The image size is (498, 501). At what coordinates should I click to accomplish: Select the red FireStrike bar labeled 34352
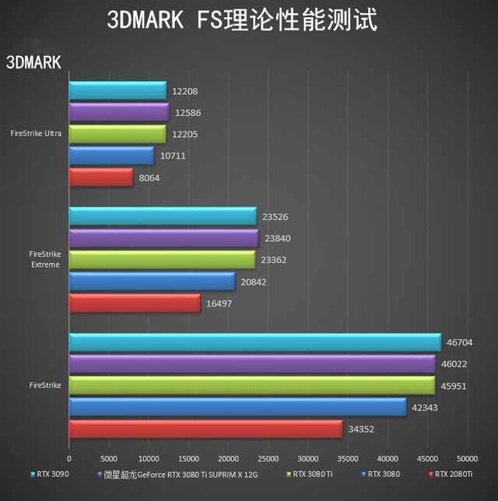coord(205,429)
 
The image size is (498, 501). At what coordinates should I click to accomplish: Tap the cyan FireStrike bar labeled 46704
coord(254,342)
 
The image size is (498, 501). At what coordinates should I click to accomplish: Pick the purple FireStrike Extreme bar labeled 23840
coord(163,238)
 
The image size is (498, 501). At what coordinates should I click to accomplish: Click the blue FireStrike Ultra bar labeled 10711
coord(111,156)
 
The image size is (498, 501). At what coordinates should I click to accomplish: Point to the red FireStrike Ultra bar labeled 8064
coord(101,177)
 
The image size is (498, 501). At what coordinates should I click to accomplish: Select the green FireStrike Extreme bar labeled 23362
coord(162,260)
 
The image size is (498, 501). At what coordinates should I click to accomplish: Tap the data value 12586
coord(188,113)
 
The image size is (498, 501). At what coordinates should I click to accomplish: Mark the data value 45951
coord(454,385)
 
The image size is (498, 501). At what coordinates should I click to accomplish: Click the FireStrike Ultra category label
coord(37,134)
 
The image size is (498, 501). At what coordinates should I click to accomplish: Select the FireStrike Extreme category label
coord(44,259)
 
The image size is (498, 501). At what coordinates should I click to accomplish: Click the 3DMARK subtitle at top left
coord(33,63)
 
